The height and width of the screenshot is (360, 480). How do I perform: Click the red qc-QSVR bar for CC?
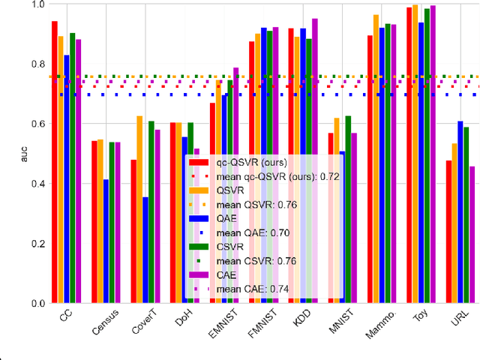click(x=54, y=162)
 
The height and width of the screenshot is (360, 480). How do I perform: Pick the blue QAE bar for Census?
click(x=106, y=241)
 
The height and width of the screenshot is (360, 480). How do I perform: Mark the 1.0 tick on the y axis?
click(x=34, y=4)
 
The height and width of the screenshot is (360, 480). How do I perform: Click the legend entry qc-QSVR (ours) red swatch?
click(x=199, y=162)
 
